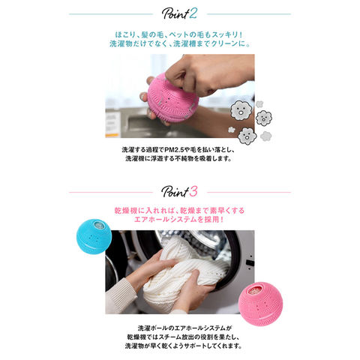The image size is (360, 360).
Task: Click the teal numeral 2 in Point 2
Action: [193, 13]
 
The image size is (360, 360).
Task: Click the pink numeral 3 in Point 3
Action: [193, 192]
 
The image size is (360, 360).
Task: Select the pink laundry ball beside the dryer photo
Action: [260, 304]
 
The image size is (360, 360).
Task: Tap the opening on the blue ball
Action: [99, 224]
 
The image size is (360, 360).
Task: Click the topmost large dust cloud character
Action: [241, 110]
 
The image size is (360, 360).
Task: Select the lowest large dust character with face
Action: [247, 136]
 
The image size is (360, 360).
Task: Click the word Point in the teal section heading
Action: [175, 14]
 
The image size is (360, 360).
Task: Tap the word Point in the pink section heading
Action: [175, 192]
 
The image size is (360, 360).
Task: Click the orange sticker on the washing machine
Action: [112, 136]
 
